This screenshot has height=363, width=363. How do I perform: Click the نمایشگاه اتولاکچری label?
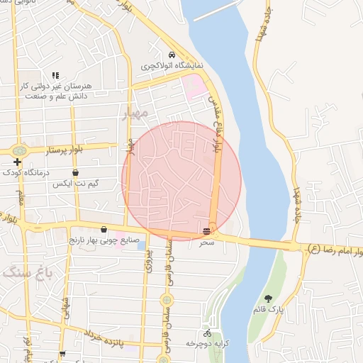click(172, 65)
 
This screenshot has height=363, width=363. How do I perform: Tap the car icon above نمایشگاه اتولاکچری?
click(172, 55)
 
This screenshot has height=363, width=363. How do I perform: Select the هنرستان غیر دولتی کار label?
click(53, 85)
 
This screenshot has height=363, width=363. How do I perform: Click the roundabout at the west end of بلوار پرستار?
click(17, 151)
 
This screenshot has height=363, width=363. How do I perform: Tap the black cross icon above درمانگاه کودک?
click(17, 162)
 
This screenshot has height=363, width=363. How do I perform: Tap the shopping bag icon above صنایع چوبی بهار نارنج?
click(104, 230)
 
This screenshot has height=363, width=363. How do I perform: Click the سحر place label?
click(206, 242)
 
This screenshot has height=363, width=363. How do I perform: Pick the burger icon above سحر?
click(206, 232)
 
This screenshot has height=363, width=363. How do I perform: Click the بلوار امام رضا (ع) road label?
click(335, 250)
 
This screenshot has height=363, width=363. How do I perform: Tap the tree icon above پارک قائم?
click(268, 298)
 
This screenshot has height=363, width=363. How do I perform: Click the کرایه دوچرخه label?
click(206, 343)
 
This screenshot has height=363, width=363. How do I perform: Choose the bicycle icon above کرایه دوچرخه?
click(207, 333)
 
